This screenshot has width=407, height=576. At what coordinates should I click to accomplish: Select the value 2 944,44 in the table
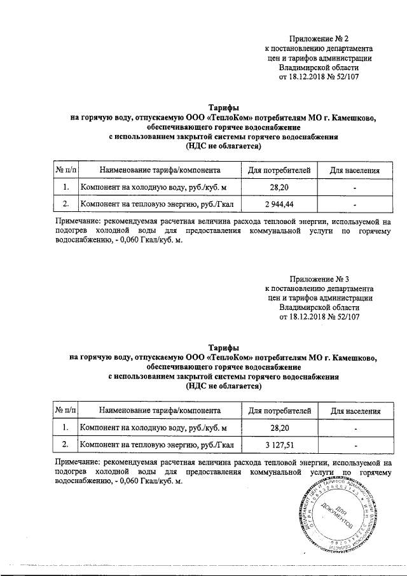pos(275,204)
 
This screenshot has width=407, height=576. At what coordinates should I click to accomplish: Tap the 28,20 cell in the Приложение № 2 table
pos(275,187)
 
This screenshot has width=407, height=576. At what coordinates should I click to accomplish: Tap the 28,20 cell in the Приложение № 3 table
pos(275,427)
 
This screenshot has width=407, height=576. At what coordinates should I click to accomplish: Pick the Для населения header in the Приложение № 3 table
pos(355,411)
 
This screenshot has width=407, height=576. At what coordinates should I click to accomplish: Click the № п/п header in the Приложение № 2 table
pos(65,171)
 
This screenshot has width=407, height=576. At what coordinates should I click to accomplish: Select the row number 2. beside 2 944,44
pos(65,204)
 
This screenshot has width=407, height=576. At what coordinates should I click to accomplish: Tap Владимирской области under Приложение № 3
pos(319,307)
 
